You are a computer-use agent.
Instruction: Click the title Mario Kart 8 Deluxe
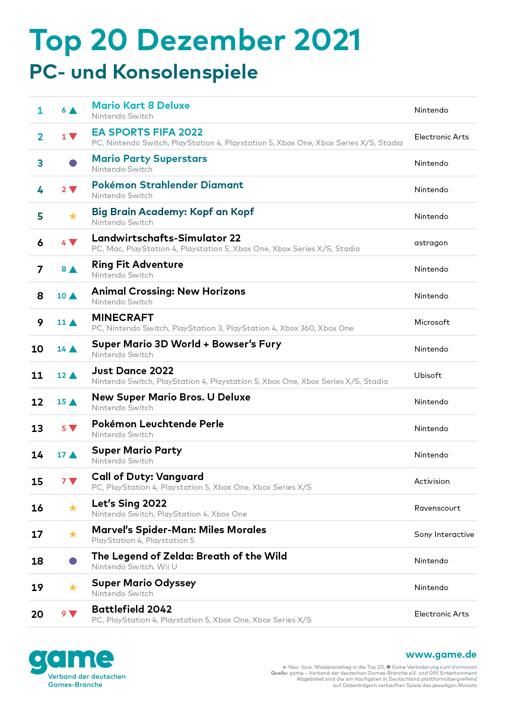click(141, 105)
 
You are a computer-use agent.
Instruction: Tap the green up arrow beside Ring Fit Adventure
click(73, 270)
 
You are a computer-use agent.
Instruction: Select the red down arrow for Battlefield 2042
click(73, 614)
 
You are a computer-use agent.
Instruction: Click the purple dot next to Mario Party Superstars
click(73, 163)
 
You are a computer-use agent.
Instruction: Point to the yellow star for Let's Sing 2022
click(73, 508)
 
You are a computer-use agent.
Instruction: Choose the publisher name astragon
click(431, 243)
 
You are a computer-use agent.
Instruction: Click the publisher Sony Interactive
click(444, 534)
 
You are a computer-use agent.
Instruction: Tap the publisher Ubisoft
click(428, 375)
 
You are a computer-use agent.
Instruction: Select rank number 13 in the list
click(37, 429)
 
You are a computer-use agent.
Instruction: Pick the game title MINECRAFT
click(123, 318)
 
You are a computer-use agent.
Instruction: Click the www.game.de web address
click(441, 654)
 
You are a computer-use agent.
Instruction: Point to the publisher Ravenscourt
click(437, 508)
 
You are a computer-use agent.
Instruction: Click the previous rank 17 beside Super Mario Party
click(62, 455)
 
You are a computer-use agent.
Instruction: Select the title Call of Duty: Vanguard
click(147, 477)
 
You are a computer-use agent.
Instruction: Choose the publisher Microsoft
click(432, 322)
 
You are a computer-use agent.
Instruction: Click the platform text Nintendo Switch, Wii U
click(134, 567)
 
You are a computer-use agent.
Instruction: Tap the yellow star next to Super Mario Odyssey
click(73, 588)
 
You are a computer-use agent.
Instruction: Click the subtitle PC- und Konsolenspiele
click(144, 72)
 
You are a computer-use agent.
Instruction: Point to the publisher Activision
click(432, 481)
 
